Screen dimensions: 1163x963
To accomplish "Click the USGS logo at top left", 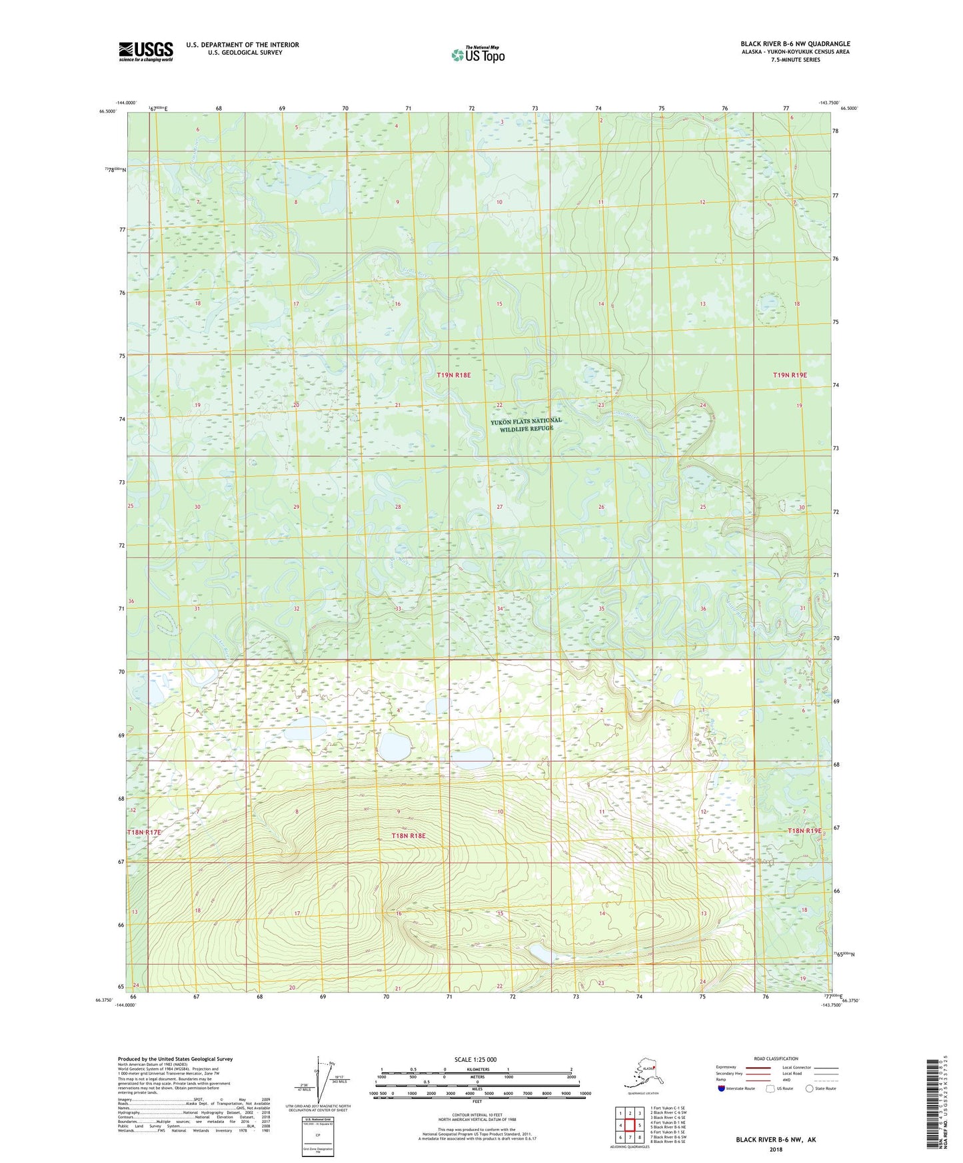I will (145, 51).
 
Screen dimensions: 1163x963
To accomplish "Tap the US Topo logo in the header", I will (477, 54).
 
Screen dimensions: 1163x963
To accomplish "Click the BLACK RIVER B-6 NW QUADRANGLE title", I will (795, 44).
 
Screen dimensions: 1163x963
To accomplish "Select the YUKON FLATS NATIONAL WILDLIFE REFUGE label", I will (526, 424).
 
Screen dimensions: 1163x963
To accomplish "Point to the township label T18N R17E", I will (144, 833).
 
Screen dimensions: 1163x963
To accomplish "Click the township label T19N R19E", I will (790, 375).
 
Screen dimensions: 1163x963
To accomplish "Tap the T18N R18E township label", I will (409, 835).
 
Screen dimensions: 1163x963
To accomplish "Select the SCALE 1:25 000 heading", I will (475, 1059).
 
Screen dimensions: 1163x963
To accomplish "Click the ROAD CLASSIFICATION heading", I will (776, 1058).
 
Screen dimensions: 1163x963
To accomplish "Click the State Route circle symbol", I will (810, 1088).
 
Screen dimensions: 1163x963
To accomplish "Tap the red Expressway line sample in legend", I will (756, 1068).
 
